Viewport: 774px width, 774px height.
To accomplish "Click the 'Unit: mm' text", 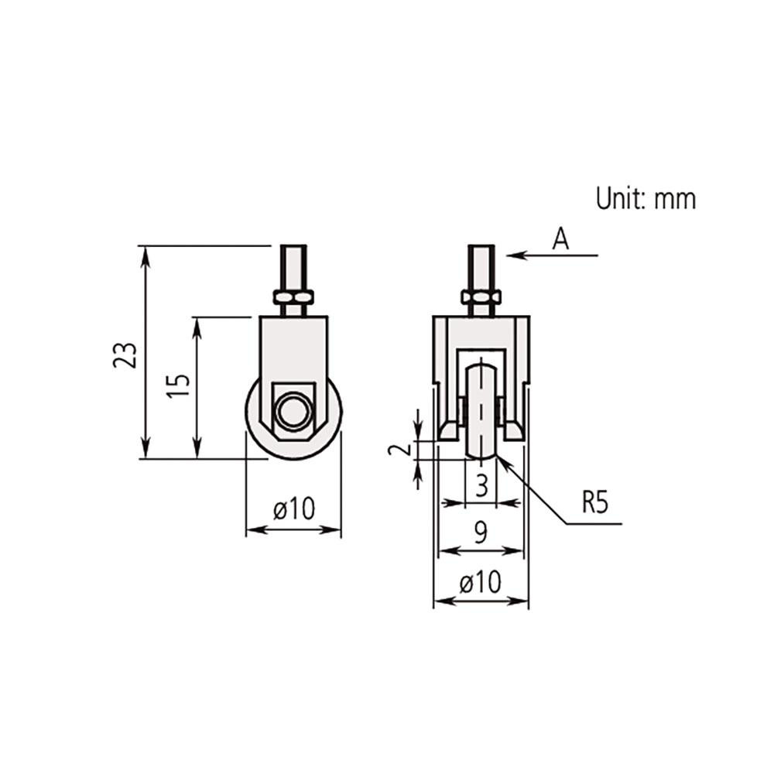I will [x=646, y=199].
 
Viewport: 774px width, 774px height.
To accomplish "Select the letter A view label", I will [x=560, y=240].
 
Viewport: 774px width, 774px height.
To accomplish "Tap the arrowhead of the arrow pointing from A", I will [x=513, y=255].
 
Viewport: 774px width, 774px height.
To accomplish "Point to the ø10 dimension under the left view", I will [x=294, y=509].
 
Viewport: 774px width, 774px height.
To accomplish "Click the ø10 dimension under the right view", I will [x=480, y=582].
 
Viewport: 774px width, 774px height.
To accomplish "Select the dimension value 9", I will [x=480, y=532].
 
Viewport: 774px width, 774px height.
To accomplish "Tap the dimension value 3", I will [x=481, y=486].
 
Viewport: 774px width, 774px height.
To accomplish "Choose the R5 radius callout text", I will [x=595, y=504].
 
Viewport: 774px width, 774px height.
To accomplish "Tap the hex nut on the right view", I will [x=481, y=297].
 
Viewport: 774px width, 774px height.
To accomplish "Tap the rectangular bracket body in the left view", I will [x=293, y=348].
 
